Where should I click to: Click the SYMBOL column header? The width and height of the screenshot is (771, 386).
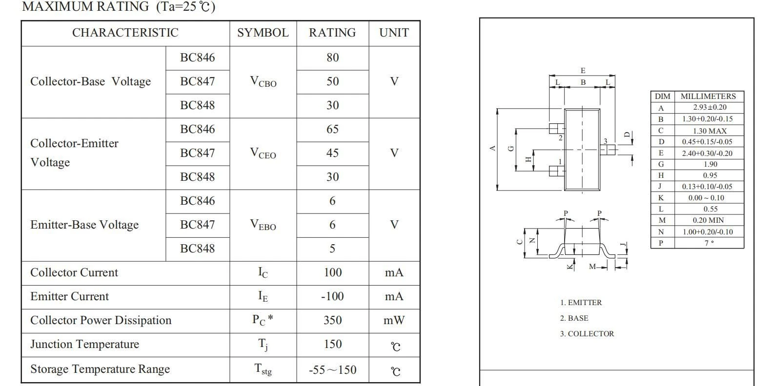point(263,33)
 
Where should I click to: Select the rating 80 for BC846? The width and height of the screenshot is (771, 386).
point(332,58)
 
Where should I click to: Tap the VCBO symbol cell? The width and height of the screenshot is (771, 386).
point(263,82)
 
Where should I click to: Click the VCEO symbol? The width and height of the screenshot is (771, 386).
point(263,154)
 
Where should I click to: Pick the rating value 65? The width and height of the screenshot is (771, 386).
point(332,129)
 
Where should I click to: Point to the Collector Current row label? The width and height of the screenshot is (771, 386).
point(74,272)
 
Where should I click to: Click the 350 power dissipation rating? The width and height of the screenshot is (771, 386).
point(332,320)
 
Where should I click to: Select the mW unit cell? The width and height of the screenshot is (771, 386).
point(394,320)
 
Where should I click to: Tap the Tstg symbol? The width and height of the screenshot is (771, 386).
point(263,369)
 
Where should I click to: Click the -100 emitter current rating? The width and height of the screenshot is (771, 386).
point(332,296)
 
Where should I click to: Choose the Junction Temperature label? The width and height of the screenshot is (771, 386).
point(85,345)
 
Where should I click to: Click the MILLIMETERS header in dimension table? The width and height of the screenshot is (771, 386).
point(709,96)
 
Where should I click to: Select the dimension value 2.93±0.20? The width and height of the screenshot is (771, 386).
point(710,107)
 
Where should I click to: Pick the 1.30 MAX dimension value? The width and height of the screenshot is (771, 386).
point(710,131)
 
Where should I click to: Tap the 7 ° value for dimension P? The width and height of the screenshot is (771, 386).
point(710,243)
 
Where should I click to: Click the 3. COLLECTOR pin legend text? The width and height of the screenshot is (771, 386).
point(587,334)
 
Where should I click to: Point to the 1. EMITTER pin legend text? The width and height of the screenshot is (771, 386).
point(581,303)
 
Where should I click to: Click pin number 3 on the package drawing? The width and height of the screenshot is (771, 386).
point(606,141)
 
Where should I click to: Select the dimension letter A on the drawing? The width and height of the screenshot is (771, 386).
point(492,149)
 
